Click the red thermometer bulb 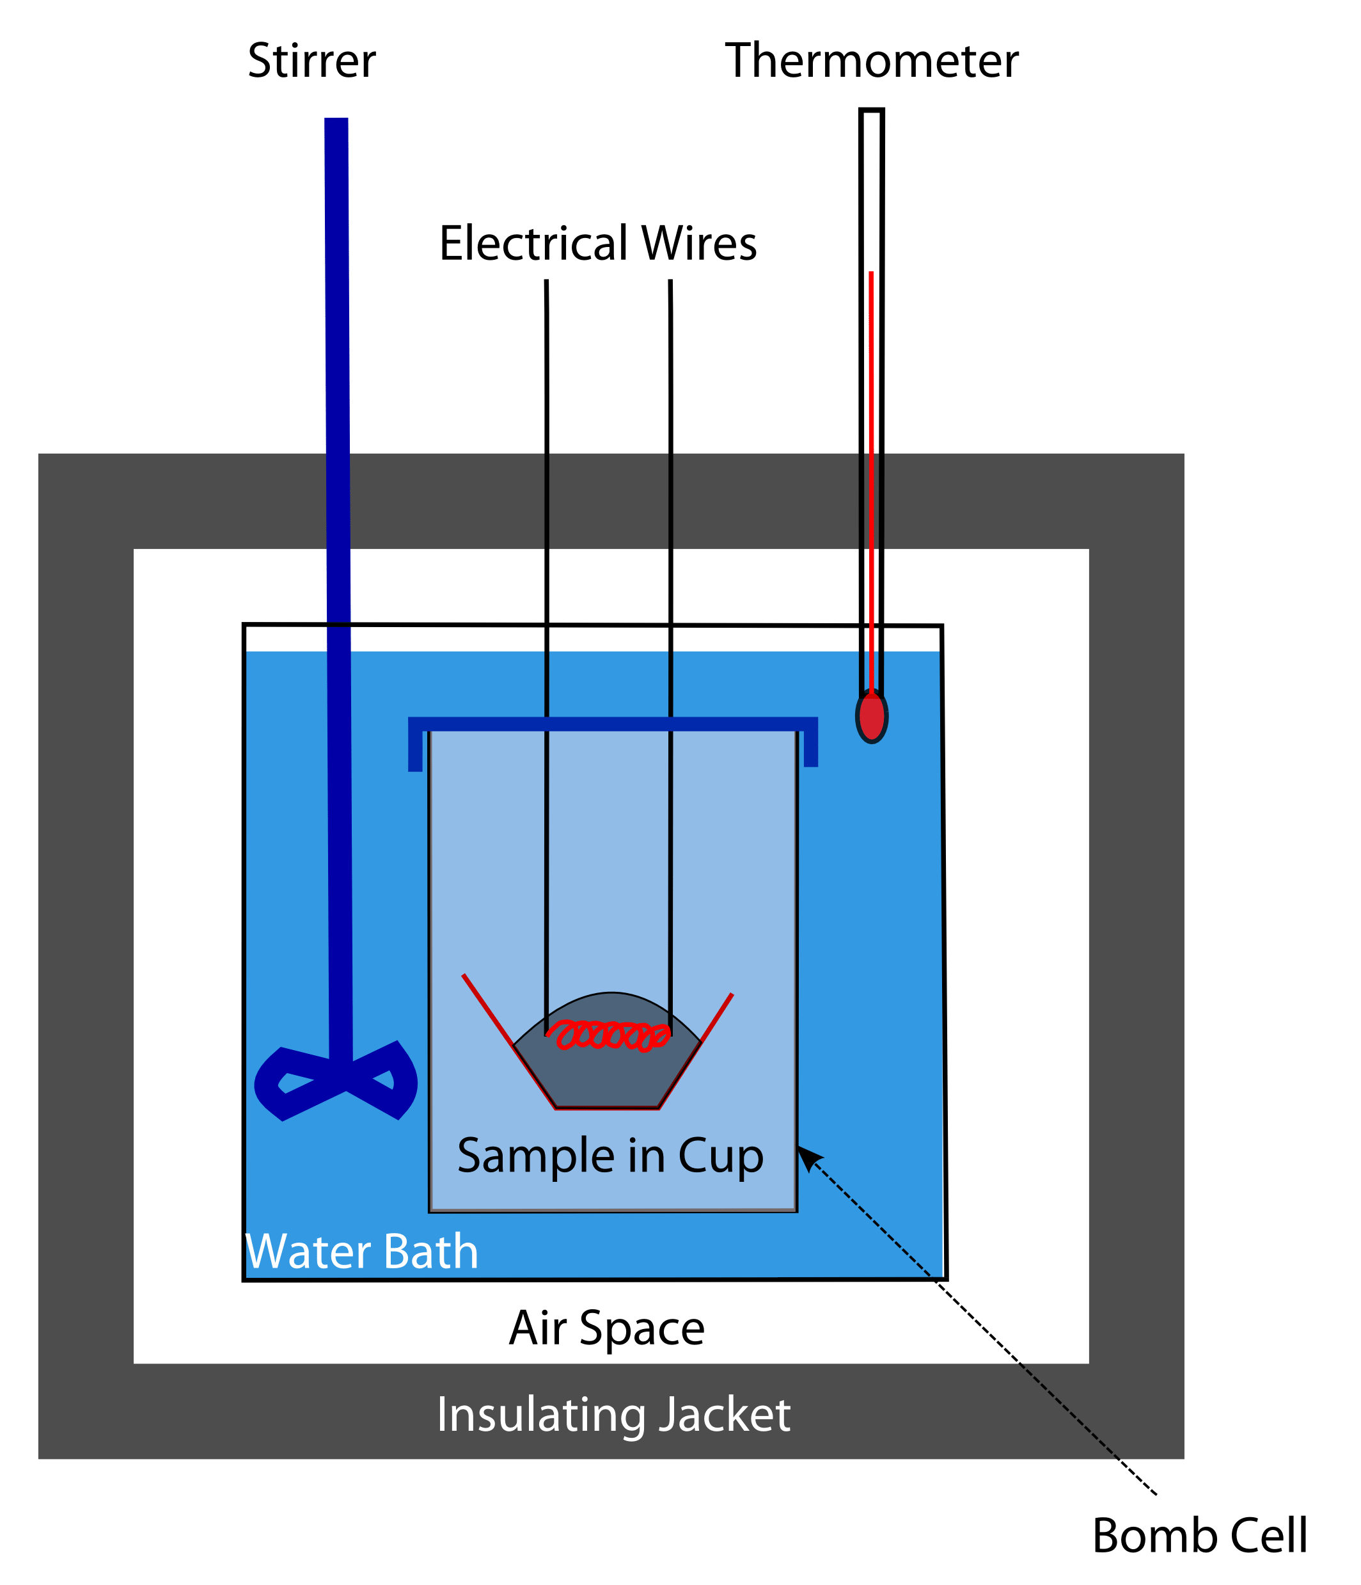tap(871, 717)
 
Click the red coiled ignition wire tap(610, 1035)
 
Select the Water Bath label tap(361, 1252)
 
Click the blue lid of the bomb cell tap(611, 724)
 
